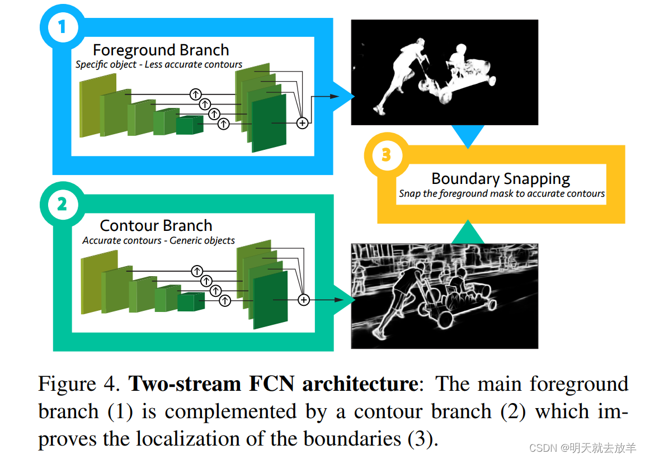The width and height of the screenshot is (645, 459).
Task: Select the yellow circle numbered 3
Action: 385,154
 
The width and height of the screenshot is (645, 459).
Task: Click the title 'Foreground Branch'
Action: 161,50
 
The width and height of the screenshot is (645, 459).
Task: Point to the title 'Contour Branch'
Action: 156,226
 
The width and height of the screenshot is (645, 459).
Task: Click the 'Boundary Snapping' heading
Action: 501,179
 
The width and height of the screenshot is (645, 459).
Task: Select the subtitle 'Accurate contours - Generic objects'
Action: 158,240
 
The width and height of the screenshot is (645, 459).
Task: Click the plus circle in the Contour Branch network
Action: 304,300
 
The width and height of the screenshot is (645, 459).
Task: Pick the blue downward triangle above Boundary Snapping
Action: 468,135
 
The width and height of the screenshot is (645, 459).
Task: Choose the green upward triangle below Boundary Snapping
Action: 468,233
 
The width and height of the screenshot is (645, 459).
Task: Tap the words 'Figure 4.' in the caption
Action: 79,384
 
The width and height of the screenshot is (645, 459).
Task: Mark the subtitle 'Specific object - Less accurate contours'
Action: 159,64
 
